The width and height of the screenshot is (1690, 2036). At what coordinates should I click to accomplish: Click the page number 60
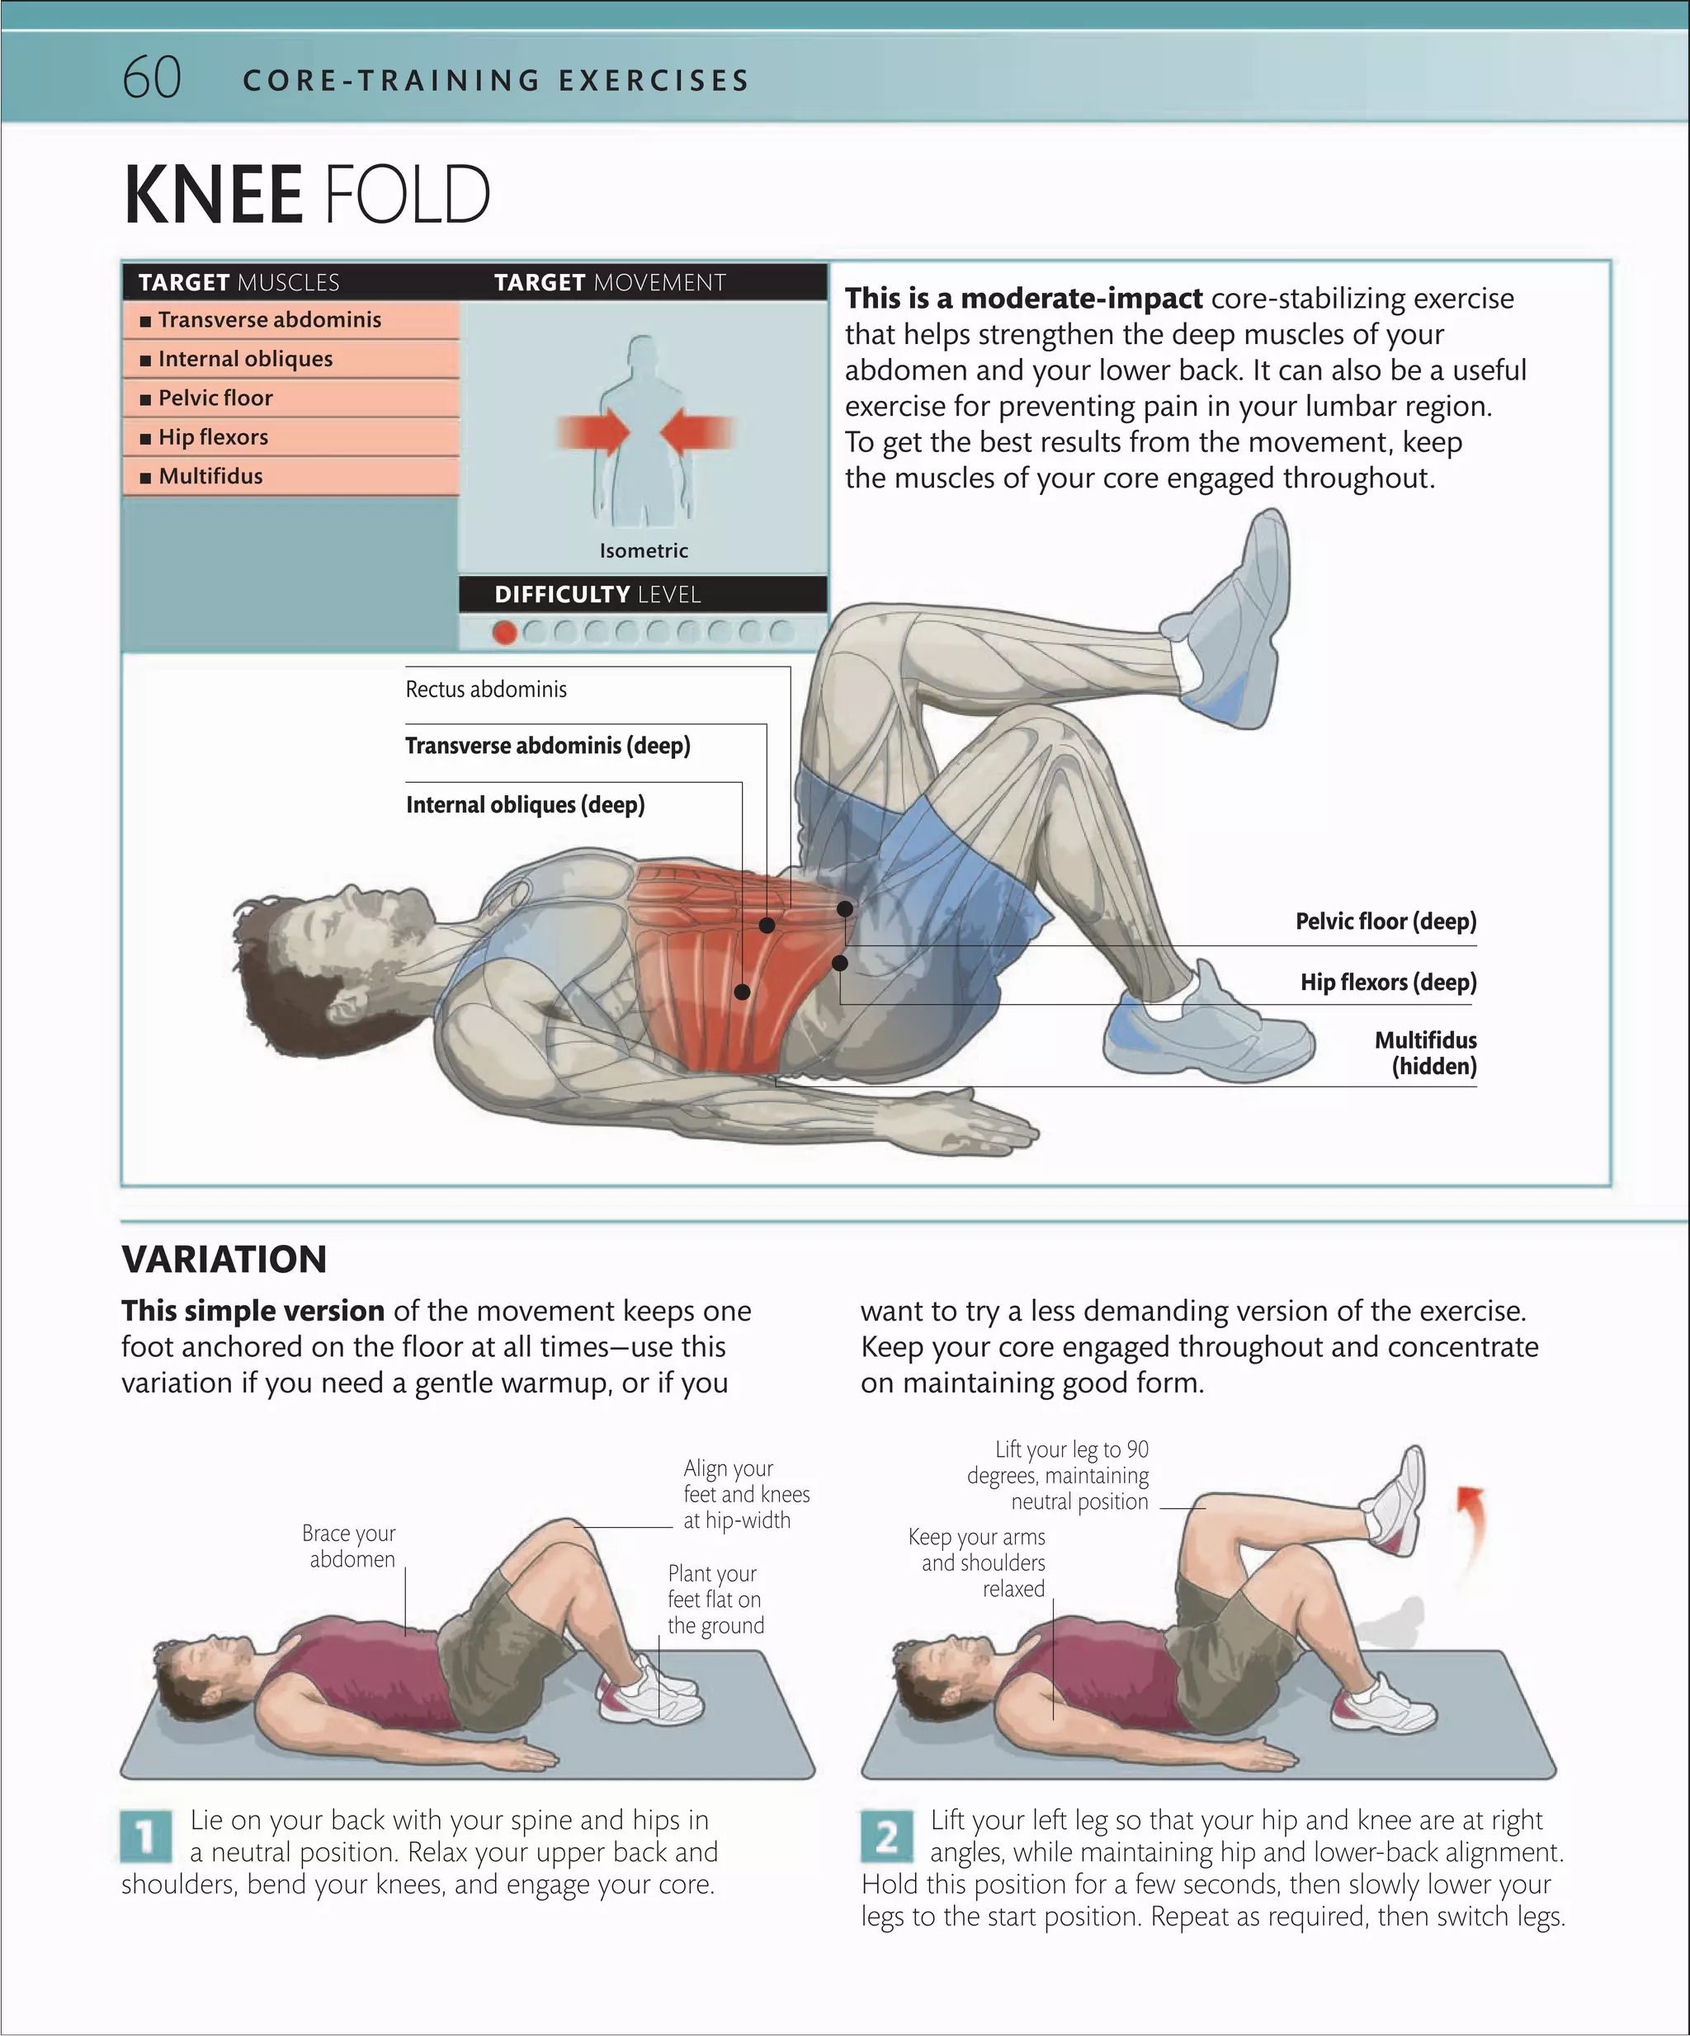[x=151, y=78]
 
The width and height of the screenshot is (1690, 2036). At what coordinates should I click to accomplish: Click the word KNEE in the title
[x=213, y=195]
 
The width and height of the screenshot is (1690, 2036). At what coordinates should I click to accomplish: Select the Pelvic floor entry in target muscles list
[x=215, y=398]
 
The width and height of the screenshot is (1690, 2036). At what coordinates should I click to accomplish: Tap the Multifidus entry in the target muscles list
[x=210, y=476]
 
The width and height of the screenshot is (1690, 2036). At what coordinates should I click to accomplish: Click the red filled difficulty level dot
[x=504, y=632]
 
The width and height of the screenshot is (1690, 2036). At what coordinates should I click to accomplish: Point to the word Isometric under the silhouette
[x=643, y=551]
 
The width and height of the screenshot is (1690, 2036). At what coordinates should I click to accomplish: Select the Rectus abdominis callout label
[x=486, y=690]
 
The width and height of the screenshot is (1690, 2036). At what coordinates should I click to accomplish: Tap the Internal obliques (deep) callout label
[x=525, y=804]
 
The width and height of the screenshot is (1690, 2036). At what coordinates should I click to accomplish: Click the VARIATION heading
[x=224, y=1258]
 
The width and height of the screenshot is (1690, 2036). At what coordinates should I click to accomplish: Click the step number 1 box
[x=146, y=1836]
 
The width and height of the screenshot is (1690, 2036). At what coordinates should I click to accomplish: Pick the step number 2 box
[x=886, y=1836]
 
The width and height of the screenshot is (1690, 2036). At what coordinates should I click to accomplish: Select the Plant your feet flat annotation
[x=715, y=1599]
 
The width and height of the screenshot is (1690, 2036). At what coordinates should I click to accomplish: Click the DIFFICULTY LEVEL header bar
[x=643, y=594]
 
